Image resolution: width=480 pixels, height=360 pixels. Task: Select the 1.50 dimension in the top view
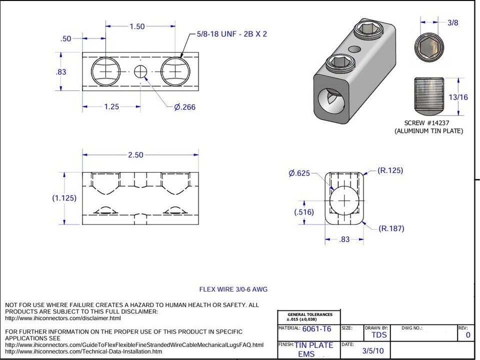coord(137,27)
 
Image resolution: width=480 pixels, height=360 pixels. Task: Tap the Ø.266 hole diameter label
coord(184,107)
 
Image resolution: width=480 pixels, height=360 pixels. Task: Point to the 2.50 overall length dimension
coord(135,155)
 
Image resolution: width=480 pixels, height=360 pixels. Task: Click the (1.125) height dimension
coord(64,198)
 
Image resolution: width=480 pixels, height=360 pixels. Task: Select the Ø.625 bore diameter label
coord(299,173)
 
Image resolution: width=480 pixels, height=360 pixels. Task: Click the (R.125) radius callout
coord(390,170)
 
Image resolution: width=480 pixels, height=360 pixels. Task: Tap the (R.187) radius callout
coord(391,228)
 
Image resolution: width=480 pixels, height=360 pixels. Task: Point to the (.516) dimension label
coord(304,212)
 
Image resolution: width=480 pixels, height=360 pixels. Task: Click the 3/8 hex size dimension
coord(452,22)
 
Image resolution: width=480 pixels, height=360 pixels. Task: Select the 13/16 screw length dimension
coord(458,97)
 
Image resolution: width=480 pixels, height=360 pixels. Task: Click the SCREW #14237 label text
coord(428,123)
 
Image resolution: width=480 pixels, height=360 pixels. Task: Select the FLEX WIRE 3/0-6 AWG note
coord(233,289)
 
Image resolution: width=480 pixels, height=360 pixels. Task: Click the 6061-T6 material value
coord(316,329)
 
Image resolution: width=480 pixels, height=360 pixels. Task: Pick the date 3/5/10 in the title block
coord(373,351)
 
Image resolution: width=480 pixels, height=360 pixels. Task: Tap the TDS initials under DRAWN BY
coord(379,335)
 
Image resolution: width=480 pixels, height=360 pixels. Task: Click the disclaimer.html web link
coord(63,318)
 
